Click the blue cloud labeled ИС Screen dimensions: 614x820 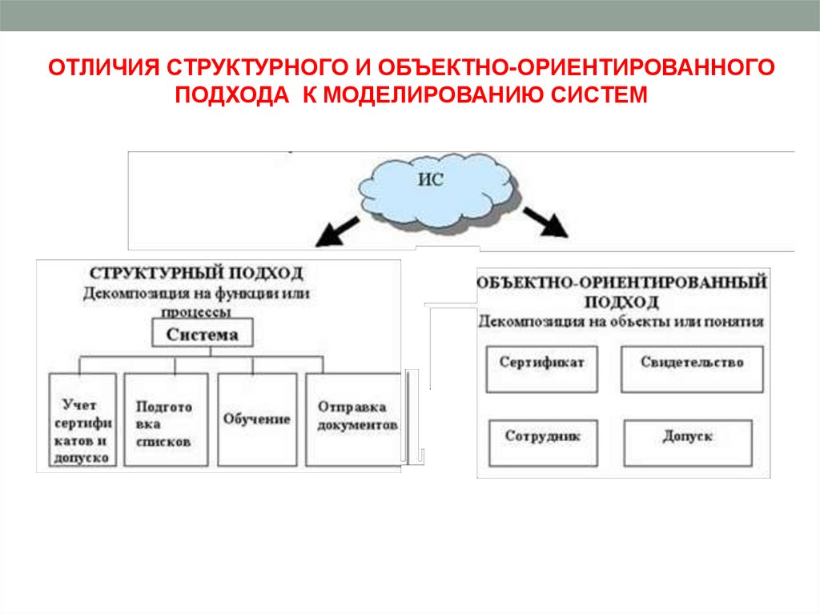[432, 192]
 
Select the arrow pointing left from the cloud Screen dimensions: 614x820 [336, 230]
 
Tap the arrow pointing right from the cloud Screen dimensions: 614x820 [546, 223]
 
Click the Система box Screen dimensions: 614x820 [202, 335]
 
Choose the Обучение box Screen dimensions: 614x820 [257, 419]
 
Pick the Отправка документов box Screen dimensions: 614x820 [353, 419]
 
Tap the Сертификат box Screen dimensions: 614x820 [541, 368]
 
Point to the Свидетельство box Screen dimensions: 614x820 [692, 368]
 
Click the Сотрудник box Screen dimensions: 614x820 [542, 443]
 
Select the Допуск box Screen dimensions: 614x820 [688, 443]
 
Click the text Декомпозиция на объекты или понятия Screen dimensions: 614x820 [621, 322]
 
